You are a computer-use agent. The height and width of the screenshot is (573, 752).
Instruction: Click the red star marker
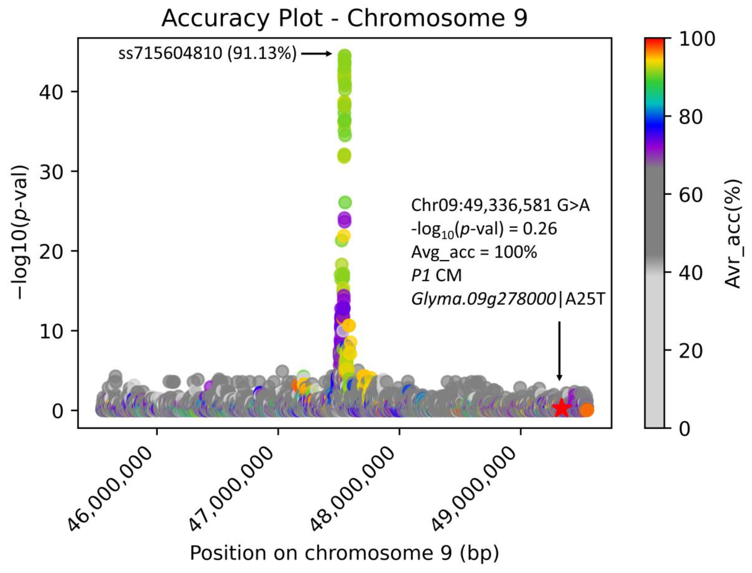[561, 408]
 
